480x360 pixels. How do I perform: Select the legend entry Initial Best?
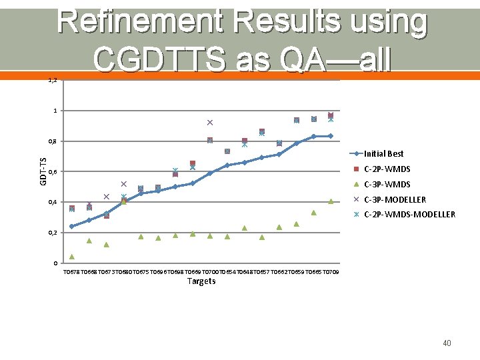[383, 154]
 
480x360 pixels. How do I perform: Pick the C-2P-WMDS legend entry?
[387, 169]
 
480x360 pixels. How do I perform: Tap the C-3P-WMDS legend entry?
[387, 185]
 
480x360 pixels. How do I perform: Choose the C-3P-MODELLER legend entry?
[395, 200]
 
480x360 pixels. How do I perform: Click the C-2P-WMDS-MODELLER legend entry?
[409, 215]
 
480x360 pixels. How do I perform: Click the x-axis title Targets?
[201, 281]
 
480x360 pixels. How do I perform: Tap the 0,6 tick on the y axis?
[54, 172]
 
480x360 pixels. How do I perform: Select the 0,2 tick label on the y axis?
[54, 233]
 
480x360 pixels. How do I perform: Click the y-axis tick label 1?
[56, 111]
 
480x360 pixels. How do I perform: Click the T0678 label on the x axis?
[71, 272]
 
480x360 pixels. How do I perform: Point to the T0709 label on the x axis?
[331, 272]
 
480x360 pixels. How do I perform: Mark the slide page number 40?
[447, 343]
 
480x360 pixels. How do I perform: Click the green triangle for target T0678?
[72, 257]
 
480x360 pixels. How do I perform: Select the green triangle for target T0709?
[331, 201]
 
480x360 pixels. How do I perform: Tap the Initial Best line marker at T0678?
[72, 227]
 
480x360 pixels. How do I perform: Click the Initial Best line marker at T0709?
[331, 136]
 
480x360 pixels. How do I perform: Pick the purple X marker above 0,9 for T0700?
[210, 123]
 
